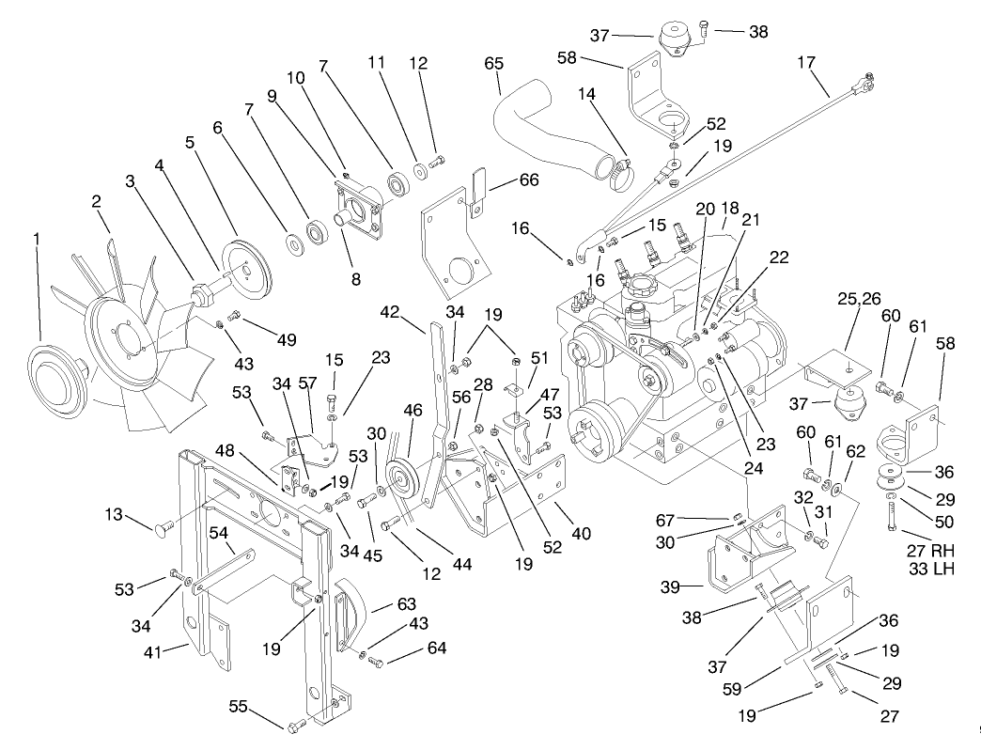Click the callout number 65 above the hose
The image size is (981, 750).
(494, 63)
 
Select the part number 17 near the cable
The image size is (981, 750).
(806, 65)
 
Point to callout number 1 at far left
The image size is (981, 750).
(37, 239)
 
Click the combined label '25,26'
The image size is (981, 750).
(859, 299)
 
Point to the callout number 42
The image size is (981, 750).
(391, 310)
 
